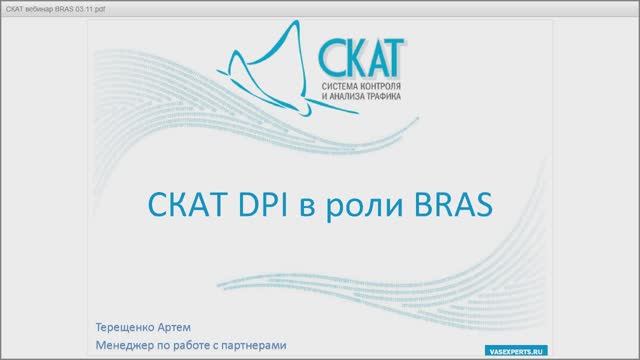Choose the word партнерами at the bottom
coord(258,345)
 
